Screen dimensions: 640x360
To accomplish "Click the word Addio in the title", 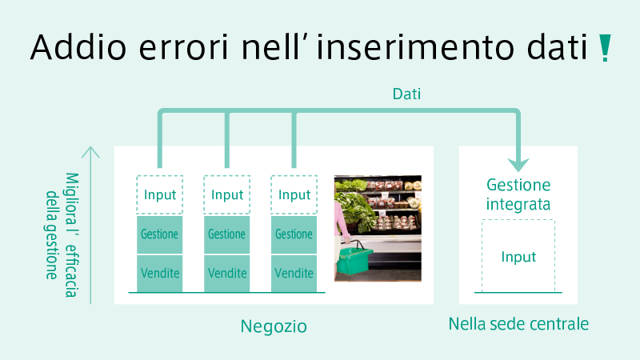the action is click(x=78, y=47).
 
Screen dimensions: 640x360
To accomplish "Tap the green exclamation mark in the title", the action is click(x=605, y=48).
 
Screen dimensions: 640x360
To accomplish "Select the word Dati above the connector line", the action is click(x=406, y=94).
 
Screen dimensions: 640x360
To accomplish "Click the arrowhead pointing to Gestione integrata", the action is click(x=518, y=165).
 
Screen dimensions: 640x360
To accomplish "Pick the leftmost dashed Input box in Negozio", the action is click(x=159, y=194).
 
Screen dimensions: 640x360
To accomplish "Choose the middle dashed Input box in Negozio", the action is click(x=227, y=194).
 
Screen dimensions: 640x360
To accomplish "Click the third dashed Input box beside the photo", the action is click(x=294, y=194).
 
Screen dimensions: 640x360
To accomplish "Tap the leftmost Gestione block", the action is click(x=159, y=234).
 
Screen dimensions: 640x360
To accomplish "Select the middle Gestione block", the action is click(x=227, y=234).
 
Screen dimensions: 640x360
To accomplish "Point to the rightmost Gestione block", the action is click(x=294, y=234).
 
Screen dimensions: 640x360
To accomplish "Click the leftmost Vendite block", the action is click(x=159, y=273).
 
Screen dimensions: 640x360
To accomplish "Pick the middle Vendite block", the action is click(x=227, y=273).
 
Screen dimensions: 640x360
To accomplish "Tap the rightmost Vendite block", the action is click(x=294, y=273).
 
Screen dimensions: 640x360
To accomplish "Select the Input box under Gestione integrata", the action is click(x=518, y=256).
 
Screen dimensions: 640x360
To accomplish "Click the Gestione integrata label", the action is click(x=518, y=194).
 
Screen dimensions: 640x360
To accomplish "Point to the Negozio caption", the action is click(x=274, y=326).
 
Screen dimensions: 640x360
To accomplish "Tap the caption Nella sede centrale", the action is click(x=518, y=324).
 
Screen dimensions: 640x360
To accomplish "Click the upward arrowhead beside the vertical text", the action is click(x=90, y=152).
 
